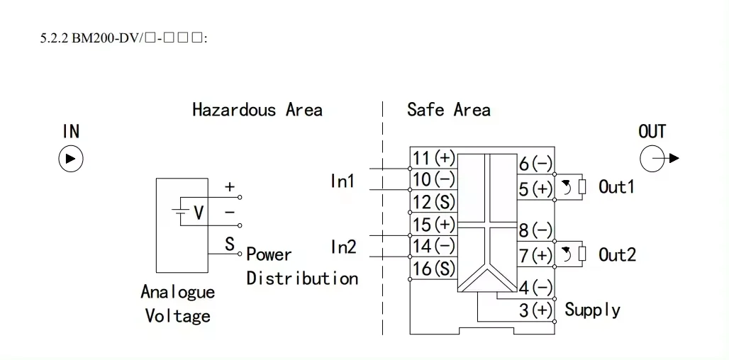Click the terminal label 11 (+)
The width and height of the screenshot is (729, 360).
tap(433, 158)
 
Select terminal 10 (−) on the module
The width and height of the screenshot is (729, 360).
tap(433, 179)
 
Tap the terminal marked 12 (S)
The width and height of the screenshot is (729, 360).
tap(433, 202)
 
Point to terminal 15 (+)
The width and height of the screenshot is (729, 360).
tap(433, 224)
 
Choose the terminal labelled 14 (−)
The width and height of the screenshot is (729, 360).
tap(433, 246)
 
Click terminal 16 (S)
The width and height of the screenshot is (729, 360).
tap(433, 269)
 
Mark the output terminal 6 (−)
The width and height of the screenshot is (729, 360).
tap(535, 164)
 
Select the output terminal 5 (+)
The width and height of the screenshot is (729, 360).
tap(535, 189)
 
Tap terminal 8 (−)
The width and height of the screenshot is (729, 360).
tap(535, 230)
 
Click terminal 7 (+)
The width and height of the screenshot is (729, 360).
tap(535, 254)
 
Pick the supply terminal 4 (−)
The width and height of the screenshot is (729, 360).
tap(535, 288)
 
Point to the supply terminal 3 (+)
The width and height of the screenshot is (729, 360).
tap(535, 310)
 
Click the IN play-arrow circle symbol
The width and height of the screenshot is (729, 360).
tap(70, 158)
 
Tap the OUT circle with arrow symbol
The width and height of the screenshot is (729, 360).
tap(653, 159)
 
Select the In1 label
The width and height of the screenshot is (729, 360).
tap(343, 181)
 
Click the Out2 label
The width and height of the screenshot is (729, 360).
tap(617, 254)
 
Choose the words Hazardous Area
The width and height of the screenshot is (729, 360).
tap(257, 110)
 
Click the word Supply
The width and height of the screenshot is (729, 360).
tap(592, 310)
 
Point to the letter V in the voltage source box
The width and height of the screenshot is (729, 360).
tap(199, 212)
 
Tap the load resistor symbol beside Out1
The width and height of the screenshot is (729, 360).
tap(582, 187)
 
